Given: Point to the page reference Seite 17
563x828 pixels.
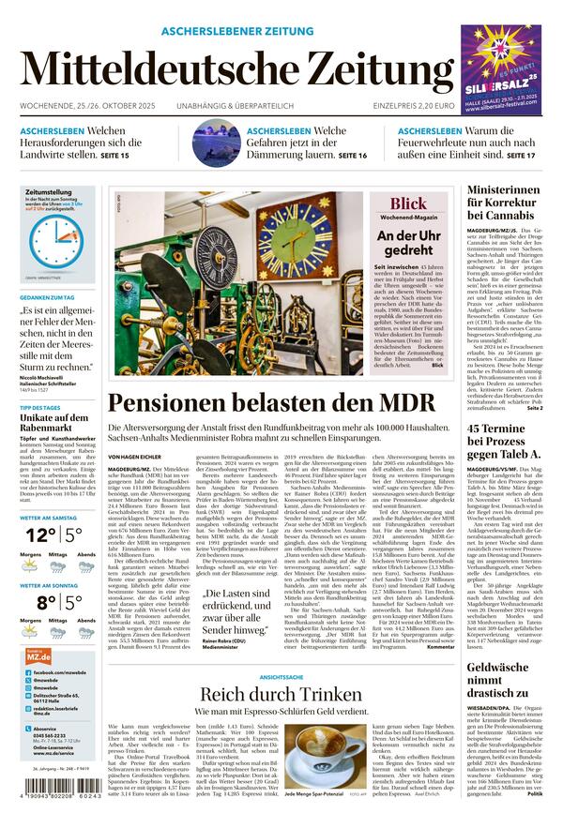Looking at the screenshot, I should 521,154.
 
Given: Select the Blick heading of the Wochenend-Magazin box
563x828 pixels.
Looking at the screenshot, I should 407,203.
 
